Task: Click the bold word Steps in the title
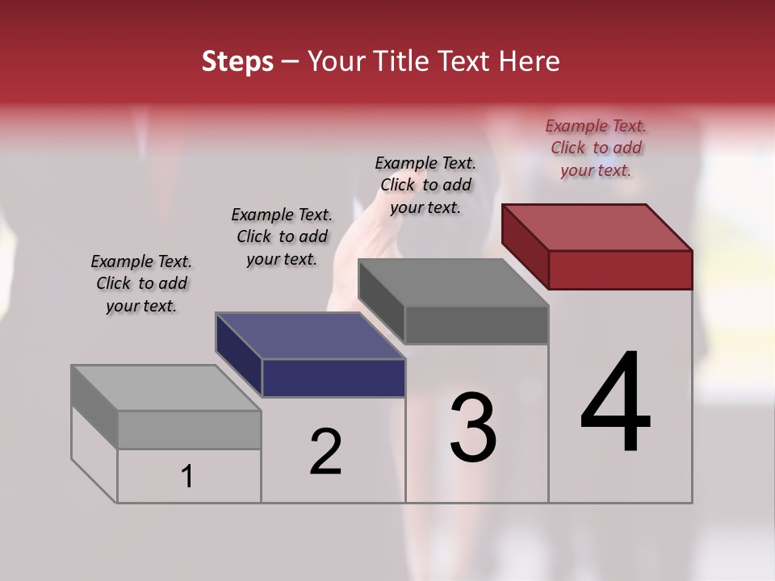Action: coord(237,61)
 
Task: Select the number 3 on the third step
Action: coord(472,428)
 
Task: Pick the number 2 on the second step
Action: coord(325,452)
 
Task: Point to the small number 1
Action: coord(186,477)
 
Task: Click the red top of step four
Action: coord(597,227)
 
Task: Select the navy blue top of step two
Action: coord(311,336)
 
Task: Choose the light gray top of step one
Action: coord(166,388)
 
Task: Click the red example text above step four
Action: coord(596,148)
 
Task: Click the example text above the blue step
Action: coord(282,236)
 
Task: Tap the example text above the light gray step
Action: coord(141,283)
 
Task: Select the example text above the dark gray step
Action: coord(425,185)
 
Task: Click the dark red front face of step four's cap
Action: coord(620,270)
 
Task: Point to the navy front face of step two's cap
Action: coord(333,378)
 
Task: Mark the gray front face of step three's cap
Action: coord(476,324)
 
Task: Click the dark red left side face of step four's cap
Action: coord(525,246)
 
